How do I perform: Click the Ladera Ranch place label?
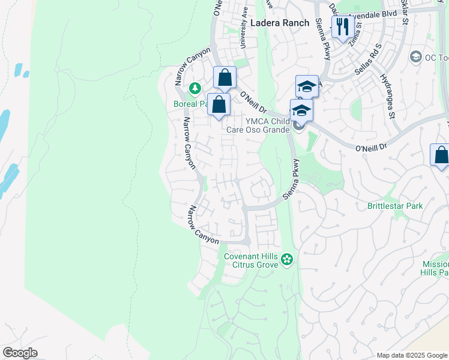point(280,23)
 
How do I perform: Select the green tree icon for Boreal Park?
point(194,89)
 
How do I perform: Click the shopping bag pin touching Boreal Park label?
point(220,104)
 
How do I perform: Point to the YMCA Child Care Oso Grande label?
point(258,124)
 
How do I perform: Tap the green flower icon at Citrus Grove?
point(288,259)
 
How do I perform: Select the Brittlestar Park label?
point(394,206)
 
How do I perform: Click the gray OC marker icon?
point(415,56)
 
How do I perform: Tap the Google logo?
point(20,353)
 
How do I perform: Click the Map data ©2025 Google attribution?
point(411,355)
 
